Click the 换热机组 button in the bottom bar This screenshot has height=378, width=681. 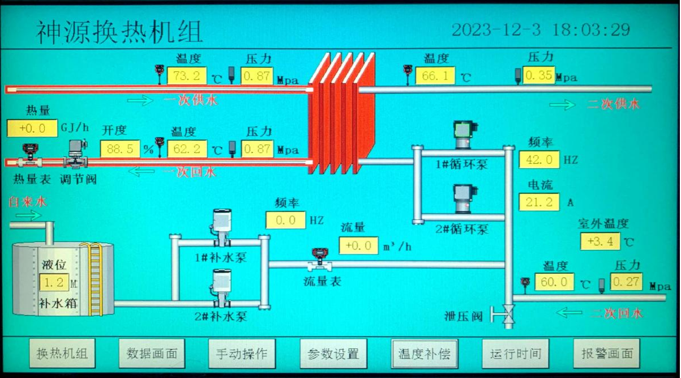pos(62,354)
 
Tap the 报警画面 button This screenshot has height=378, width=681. pos(606,354)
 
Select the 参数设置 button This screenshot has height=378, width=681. pos(333,354)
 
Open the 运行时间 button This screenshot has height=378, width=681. pos(516,354)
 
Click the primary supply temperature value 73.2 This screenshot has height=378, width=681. pos(187,76)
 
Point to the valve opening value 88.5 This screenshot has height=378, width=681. pos(120,149)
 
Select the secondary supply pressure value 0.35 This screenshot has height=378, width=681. pos(539,75)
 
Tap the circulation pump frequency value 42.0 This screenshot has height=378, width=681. pos(539,159)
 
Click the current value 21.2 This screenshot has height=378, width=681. pos(539,202)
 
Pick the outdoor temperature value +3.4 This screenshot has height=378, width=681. pos(600,241)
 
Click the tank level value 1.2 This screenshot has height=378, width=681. pos(54,282)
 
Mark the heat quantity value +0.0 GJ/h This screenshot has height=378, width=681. pos(32,128)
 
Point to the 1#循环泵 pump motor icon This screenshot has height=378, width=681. pos(465,134)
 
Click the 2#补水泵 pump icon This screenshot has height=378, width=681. pos(221,288)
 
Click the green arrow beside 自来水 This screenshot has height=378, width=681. pos(28,215)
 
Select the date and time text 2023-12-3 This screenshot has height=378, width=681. pos(496,30)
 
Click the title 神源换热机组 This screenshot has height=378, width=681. pos(119,32)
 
